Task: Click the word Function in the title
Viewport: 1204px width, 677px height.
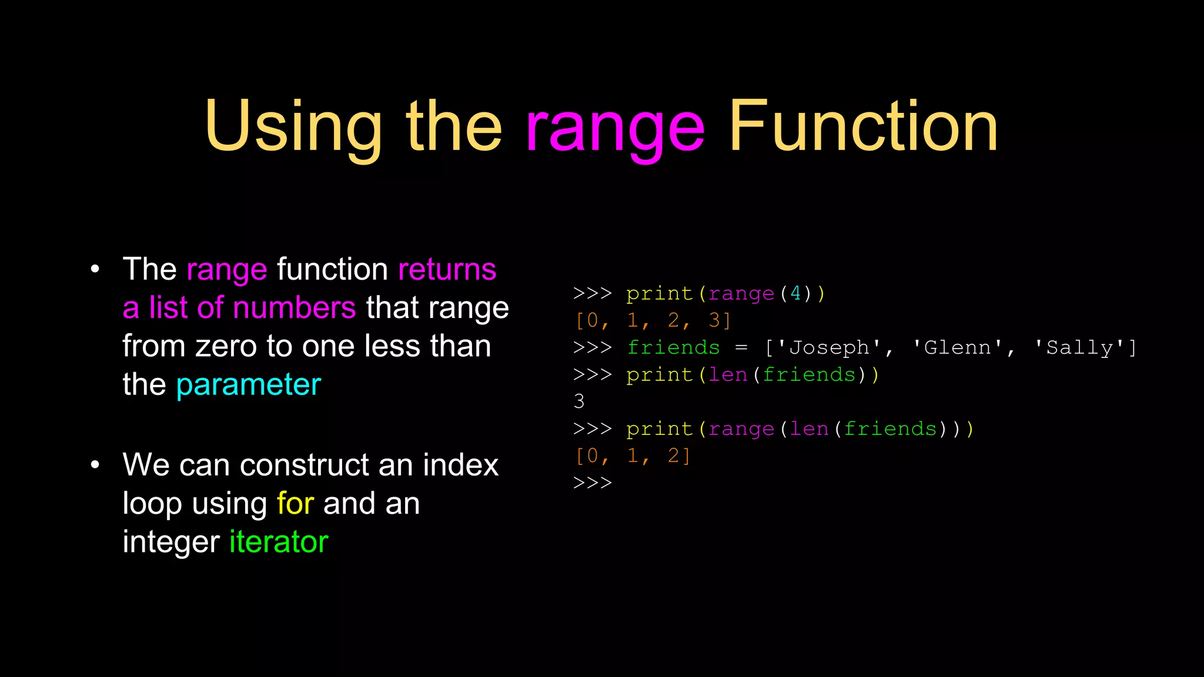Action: (863, 127)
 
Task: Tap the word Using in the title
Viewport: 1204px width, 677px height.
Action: (293, 127)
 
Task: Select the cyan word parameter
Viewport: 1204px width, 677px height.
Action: (249, 385)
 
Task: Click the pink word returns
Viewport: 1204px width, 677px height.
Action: (447, 270)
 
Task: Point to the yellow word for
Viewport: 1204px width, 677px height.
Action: (295, 504)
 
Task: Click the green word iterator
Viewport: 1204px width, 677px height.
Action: (279, 542)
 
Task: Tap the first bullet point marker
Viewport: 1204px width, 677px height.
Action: (95, 270)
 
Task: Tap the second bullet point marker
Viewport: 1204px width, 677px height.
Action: (95, 465)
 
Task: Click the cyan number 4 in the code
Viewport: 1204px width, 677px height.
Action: (795, 293)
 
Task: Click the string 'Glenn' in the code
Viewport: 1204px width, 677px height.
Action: (957, 347)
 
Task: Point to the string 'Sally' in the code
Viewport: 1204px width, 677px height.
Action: (1079, 347)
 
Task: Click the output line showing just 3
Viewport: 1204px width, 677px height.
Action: (579, 401)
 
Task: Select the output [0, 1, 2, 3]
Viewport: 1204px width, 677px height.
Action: (653, 320)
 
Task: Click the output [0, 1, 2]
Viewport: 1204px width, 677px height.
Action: (633, 455)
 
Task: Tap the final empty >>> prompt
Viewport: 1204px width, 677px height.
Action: (593, 483)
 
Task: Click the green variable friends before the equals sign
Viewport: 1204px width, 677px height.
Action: (673, 347)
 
